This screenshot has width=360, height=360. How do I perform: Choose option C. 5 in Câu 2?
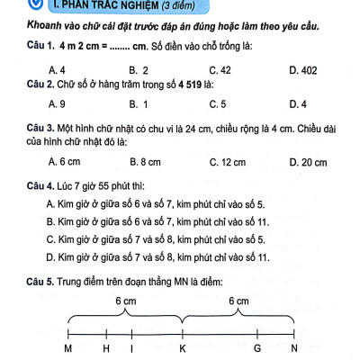click(x=215, y=104)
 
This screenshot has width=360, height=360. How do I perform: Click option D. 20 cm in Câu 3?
click(x=305, y=163)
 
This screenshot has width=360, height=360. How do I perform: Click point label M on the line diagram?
click(x=68, y=348)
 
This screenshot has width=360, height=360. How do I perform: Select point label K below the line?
click(x=183, y=348)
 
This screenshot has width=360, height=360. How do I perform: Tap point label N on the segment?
click(x=293, y=348)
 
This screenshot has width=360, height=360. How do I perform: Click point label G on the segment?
click(x=257, y=348)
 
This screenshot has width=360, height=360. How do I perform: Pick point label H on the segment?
click(x=107, y=348)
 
